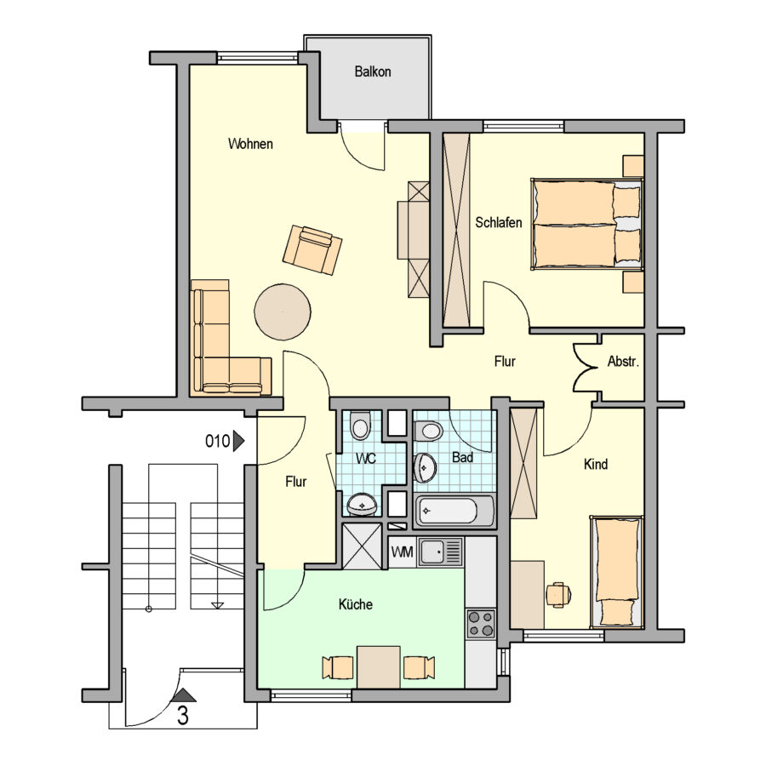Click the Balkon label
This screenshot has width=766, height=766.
pyautogui.click(x=373, y=71)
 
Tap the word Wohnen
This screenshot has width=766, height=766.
pyautogui.click(x=250, y=144)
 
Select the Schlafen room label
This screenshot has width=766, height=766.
pyautogui.click(x=498, y=222)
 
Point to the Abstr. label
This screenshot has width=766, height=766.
pyautogui.click(x=623, y=362)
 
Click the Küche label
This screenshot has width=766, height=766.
pyautogui.click(x=356, y=604)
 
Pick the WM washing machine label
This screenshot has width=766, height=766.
pyautogui.click(x=402, y=552)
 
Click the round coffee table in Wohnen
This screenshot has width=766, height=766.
pyautogui.click(x=283, y=312)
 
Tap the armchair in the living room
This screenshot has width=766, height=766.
pyautogui.click(x=312, y=249)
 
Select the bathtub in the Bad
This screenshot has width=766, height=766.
pyautogui.click(x=453, y=511)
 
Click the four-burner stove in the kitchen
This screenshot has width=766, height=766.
pyautogui.click(x=481, y=623)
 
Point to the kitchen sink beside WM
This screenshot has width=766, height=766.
pyautogui.click(x=439, y=552)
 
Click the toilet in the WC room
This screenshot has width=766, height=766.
pyautogui.click(x=361, y=425)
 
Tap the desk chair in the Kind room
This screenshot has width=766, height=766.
pyautogui.click(x=558, y=595)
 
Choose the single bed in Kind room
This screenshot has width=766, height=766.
pyautogui.click(x=617, y=572)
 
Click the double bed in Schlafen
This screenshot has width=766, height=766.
pyautogui.click(x=586, y=224)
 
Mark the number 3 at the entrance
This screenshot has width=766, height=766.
pyautogui.click(x=183, y=716)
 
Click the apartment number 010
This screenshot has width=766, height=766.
pyautogui.click(x=217, y=441)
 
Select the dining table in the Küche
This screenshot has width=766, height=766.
pyautogui.click(x=379, y=666)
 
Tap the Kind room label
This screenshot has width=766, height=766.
pyautogui.click(x=596, y=464)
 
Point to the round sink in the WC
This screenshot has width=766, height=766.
pyautogui.click(x=362, y=504)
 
